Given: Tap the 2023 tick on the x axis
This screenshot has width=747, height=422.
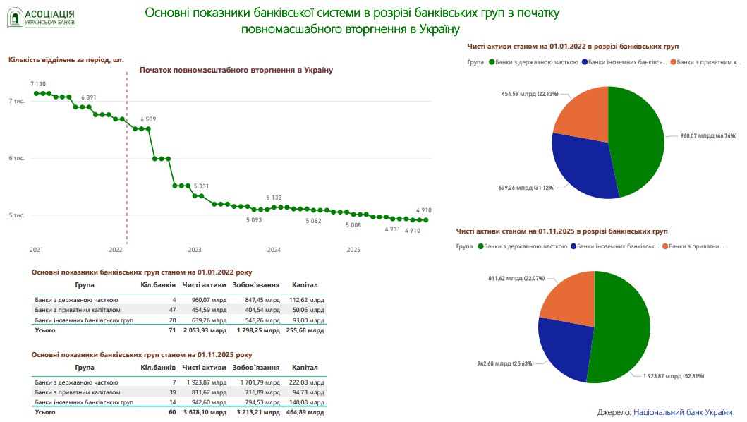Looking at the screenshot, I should click(x=195, y=250).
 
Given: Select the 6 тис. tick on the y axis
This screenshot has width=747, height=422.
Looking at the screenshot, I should click(x=16, y=158).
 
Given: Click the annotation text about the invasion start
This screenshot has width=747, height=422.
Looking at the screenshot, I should click(x=236, y=70).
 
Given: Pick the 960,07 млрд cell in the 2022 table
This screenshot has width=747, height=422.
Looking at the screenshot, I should click(x=207, y=300).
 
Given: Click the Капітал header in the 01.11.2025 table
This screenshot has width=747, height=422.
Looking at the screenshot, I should click(x=305, y=368).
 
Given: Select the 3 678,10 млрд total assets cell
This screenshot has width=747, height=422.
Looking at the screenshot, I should click(x=204, y=411).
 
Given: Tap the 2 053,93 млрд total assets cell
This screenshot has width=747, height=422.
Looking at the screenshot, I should click(x=204, y=330).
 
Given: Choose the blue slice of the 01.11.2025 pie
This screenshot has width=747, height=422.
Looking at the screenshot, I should click(x=564, y=346).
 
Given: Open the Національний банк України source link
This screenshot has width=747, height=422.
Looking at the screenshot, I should click(x=683, y=412).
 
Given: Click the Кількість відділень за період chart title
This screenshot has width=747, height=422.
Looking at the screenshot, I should click(x=66, y=60).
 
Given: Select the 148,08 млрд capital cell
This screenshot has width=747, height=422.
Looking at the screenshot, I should click(x=308, y=402).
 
